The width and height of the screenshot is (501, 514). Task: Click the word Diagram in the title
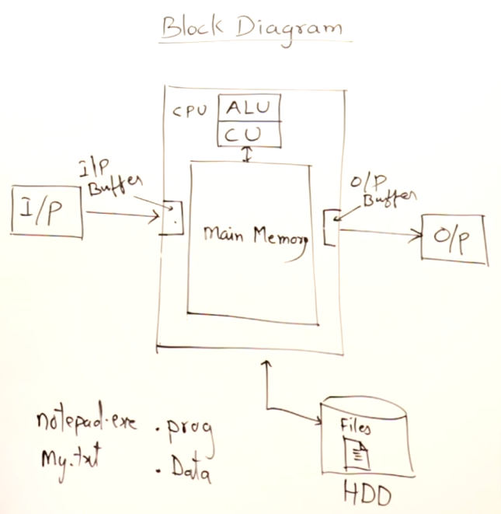[287, 28]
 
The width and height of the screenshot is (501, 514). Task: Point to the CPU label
[190, 110]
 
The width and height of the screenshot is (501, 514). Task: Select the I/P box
[47, 212]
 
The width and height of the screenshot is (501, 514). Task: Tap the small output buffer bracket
[329, 227]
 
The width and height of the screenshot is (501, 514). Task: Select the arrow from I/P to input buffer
[124, 213]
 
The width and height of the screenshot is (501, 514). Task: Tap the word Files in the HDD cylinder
[357, 427]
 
